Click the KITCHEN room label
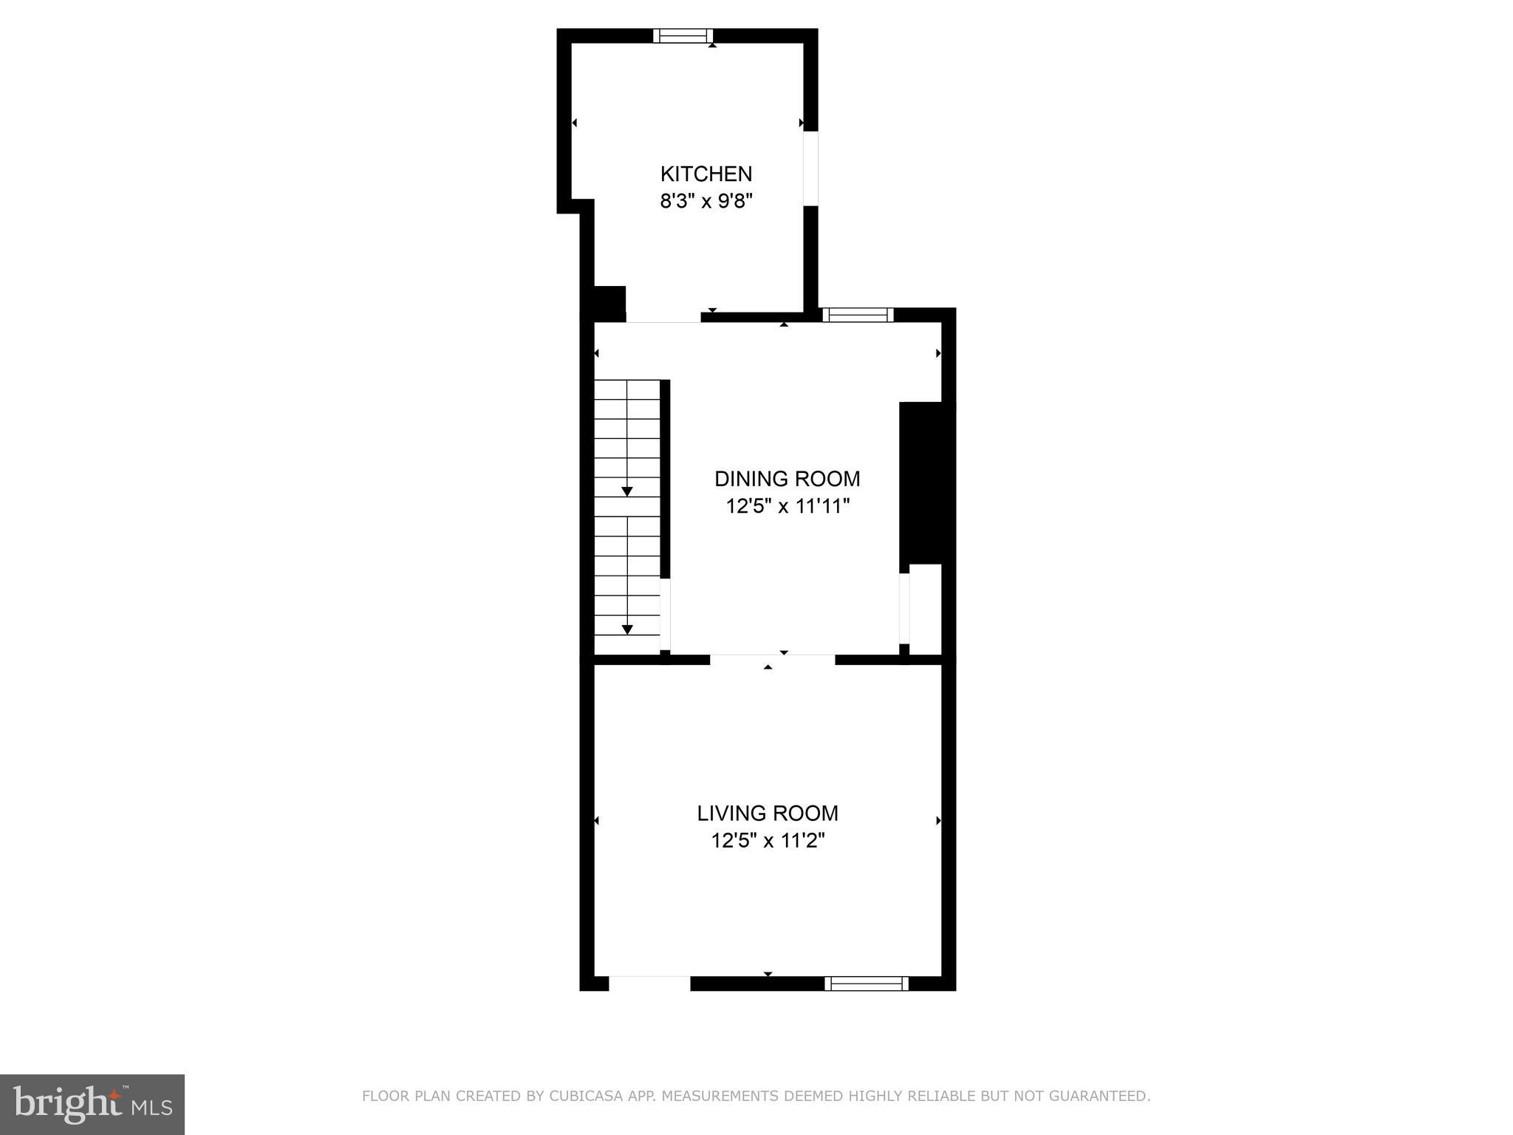(706, 174)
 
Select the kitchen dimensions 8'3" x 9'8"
(706, 201)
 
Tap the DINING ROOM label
(787, 479)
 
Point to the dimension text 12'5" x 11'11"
(787, 506)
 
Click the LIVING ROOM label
(768, 813)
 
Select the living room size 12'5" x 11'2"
(768, 841)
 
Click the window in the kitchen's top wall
(683, 35)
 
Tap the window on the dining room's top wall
(858, 315)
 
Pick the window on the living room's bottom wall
(866, 983)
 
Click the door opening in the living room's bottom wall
(649, 983)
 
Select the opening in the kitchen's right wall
(810, 168)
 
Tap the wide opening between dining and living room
(772, 659)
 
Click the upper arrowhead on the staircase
(627, 491)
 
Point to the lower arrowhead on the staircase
(627, 630)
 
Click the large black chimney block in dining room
(926, 483)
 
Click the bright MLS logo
(92, 1105)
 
